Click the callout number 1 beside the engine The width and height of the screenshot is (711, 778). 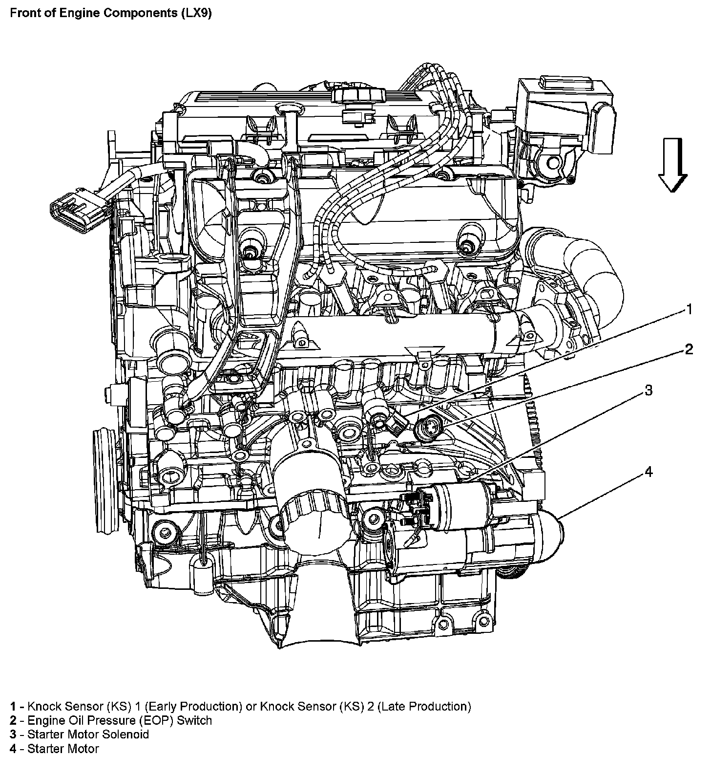point(689,309)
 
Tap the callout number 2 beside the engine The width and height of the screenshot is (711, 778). point(689,349)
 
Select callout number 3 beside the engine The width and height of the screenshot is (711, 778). point(648,390)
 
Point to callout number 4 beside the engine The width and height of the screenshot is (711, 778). point(648,472)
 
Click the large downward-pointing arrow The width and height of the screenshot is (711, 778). point(672,164)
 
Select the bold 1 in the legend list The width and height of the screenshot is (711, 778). point(15,707)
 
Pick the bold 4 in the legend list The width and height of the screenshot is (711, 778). point(15,749)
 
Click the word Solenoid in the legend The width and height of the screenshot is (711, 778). point(126,735)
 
